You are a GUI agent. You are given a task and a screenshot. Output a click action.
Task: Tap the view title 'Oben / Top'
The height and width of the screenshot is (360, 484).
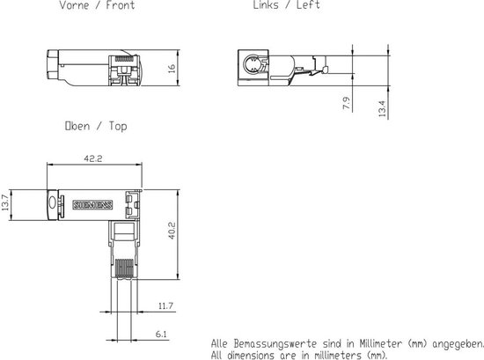click(96, 126)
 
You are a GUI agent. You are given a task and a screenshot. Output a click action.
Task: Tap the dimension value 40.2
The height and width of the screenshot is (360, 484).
click(172, 232)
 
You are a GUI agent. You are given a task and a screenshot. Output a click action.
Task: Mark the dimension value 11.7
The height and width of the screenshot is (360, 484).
click(165, 306)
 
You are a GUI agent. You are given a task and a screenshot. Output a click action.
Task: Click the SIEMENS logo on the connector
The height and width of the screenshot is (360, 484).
click(99, 204)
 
